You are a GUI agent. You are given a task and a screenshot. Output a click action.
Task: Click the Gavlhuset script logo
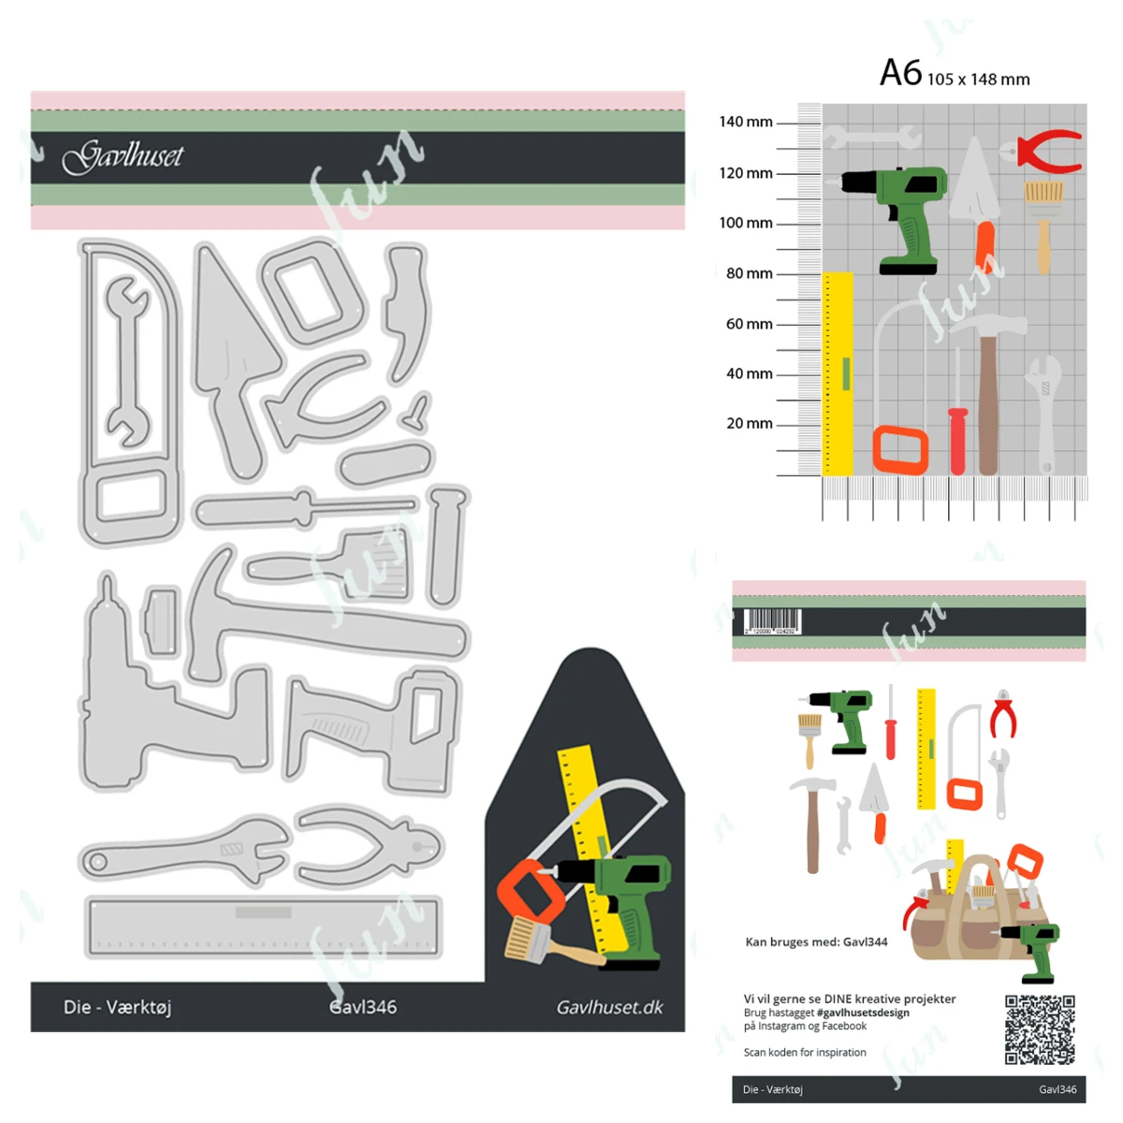(123, 156)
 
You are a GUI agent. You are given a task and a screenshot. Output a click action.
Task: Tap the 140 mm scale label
(746, 122)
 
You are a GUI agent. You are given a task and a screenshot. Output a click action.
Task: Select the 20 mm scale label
(750, 423)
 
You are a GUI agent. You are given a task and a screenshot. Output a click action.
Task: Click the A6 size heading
(954, 74)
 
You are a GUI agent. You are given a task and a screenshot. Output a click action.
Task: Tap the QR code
(1039, 1029)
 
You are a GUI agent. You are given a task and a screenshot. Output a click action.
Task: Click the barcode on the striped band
(772, 621)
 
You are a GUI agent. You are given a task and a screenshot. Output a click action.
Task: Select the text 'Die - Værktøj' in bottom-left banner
(117, 1007)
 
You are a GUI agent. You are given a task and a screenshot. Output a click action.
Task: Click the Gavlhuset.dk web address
(609, 1007)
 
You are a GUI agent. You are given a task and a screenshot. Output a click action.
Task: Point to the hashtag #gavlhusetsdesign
(862, 1013)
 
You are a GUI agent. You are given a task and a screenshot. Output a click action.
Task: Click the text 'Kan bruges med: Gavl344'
(816, 941)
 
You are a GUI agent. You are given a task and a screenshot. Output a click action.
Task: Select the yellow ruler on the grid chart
(838, 374)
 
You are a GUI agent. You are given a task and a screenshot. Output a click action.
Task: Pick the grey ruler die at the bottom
(263, 926)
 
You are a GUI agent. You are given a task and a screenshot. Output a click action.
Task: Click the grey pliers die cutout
(370, 847)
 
